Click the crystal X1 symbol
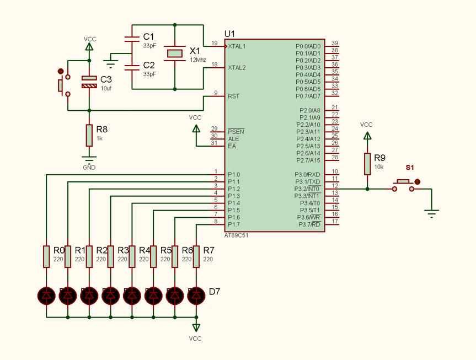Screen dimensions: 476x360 coord(174,53)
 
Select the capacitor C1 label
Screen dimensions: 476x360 coord(148,37)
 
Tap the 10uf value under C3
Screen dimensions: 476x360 coord(106,89)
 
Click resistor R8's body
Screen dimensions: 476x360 coord(89,136)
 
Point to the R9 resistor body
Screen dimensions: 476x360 coord(367,164)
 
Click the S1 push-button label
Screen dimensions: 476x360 coord(410,167)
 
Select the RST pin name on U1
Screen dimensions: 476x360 coord(233,96)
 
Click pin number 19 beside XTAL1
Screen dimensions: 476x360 coord(215,43)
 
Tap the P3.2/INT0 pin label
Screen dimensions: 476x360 coord(307,189)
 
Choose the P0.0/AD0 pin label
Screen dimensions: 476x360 coord(308,46)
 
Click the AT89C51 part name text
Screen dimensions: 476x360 coord(236,235)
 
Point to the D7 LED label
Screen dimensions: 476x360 coord(215,292)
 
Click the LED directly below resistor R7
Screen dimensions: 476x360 coord(196,295)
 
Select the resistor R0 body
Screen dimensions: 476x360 coord(46,256)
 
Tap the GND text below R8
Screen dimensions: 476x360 coord(89,168)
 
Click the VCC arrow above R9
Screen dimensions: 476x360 coord(367,136)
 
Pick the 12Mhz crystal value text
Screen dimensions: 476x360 coord(198,60)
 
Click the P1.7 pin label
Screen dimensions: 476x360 coord(234,224)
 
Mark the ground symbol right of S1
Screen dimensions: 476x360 coord(431,213)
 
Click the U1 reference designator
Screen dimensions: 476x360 coord(229,34)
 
